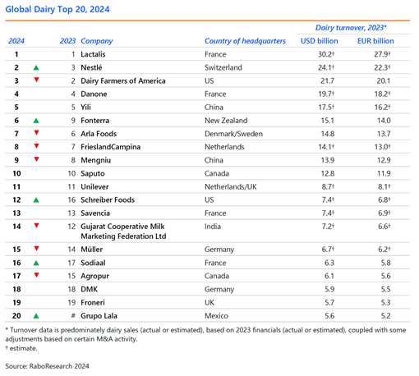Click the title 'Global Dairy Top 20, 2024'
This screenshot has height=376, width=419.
click(x=58, y=9)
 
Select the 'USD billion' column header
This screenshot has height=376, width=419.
click(x=320, y=41)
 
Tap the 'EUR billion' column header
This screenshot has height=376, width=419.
click(x=375, y=41)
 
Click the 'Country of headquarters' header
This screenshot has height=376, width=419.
click(x=245, y=41)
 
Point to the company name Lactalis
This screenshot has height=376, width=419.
click(x=93, y=54)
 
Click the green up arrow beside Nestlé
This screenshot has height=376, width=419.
click(x=36, y=67)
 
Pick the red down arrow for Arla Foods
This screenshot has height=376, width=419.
click(x=36, y=133)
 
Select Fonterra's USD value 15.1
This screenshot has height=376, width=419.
click(x=327, y=121)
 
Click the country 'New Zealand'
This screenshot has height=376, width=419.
click(x=226, y=121)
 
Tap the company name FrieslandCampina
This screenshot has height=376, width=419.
click(x=110, y=147)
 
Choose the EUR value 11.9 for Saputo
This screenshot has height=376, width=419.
click(x=384, y=173)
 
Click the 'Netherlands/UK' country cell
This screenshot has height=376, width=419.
click(x=231, y=186)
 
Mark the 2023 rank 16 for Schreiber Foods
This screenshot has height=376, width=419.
click(x=71, y=200)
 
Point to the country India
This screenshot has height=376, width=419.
click(x=213, y=227)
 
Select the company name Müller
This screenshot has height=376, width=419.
click(x=92, y=250)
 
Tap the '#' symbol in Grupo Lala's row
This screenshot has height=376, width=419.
click(x=73, y=315)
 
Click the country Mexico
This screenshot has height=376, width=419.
click(x=216, y=316)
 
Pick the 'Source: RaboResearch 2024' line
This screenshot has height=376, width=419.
click(x=47, y=366)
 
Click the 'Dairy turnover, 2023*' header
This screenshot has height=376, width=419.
click(x=351, y=28)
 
